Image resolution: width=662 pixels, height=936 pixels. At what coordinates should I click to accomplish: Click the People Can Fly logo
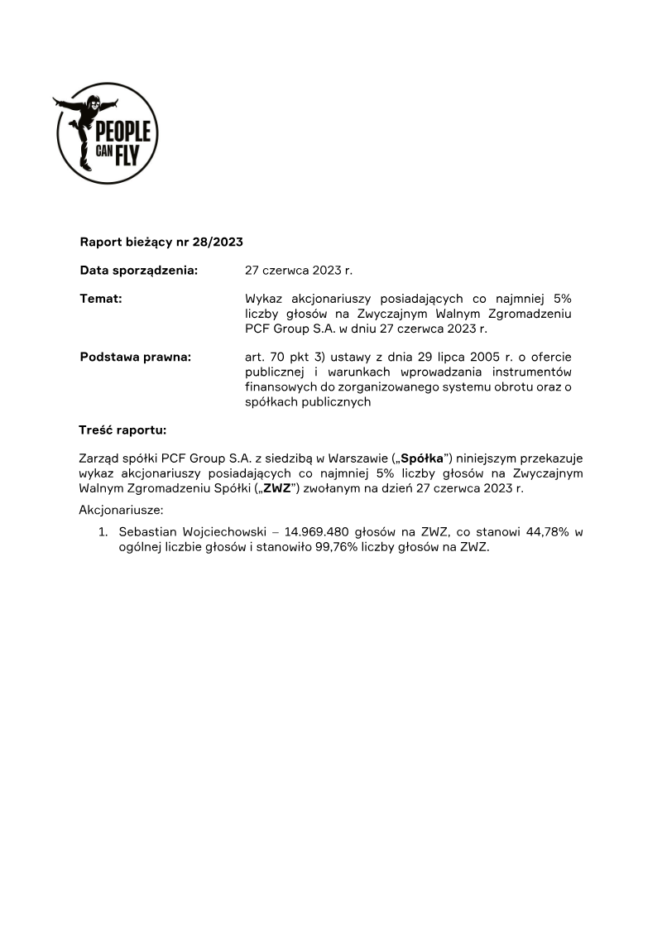[106, 132]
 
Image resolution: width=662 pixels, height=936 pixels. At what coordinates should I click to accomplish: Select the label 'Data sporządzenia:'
[139, 270]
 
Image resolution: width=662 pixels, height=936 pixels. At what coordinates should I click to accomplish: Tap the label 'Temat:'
[101, 299]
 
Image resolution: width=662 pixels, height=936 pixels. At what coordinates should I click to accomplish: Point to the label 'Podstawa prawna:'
[135, 357]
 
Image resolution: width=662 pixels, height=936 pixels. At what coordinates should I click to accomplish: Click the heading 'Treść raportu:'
[122, 430]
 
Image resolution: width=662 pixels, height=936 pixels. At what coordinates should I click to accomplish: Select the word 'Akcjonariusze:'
[121, 510]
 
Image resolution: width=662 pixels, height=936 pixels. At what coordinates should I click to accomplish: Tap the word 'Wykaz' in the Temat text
[263, 299]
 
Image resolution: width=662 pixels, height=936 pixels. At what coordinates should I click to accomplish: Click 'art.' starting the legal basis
[256, 357]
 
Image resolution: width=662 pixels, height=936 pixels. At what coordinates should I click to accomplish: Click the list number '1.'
[103, 532]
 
